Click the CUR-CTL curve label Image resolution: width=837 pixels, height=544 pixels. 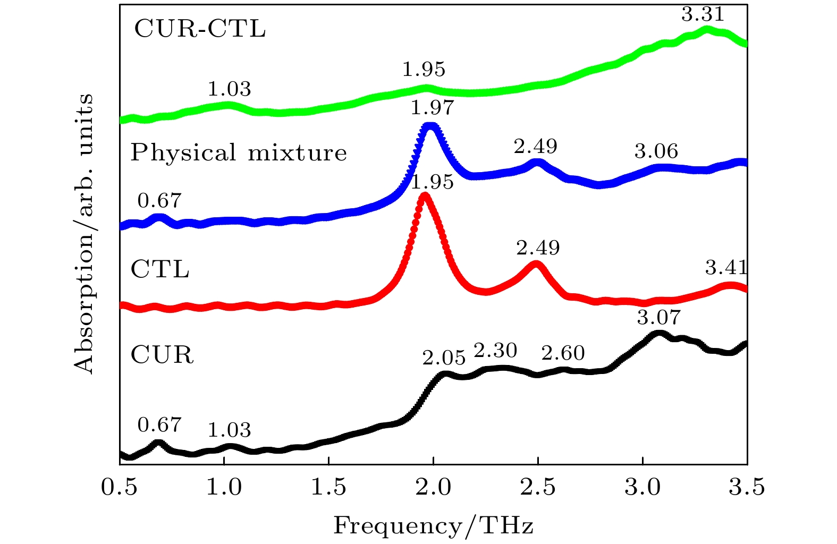(x=200, y=29)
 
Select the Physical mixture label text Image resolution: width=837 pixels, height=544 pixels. (x=239, y=153)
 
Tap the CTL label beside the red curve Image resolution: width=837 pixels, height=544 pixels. (x=160, y=270)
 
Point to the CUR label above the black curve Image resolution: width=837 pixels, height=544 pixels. (x=162, y=355)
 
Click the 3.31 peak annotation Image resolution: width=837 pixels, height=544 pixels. (x=703, y=14)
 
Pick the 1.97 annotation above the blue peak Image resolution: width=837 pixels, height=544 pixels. (x=432, y=108)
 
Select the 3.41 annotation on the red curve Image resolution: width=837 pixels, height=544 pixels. (x=726, y=267)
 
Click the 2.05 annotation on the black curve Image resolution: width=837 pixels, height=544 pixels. (x=444, y=358)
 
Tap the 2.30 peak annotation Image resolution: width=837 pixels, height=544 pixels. (x=495, y=351)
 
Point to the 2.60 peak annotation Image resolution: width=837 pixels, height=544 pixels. (x=563, y=353)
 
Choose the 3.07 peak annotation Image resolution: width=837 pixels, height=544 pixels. (x=658, y=318)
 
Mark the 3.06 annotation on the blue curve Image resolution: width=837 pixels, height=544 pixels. (x=656, y=151)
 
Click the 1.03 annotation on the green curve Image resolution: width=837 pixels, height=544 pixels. (x=229, y=89)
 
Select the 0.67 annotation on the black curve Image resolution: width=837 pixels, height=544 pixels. (x=159, y=425)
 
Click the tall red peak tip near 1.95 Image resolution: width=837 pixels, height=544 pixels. (x=424, y=196)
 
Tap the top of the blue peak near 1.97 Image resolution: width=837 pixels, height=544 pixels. (x=430, y=126)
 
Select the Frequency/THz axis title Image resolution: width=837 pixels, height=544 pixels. (x=433, y=525)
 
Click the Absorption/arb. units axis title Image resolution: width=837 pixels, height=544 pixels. (x=84, y=234)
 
